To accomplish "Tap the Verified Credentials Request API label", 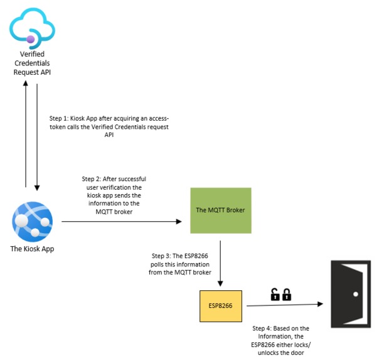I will pyautogui.click(x=31, y=63).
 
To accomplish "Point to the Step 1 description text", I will pyautogui.click(x=109, y=126).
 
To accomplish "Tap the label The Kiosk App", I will pyautogui.click(x=32, y=249).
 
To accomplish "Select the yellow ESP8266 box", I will pyautogui.click(x=222, y=305).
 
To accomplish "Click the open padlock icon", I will pyautogui.click(x=275, y=294).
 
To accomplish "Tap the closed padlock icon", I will pyautogui.click(x=287, y=294).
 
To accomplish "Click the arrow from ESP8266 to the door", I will pyautogui.click(x=282, y=305).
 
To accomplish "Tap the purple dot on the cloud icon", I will pyautogui.click(x=29, y=38).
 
